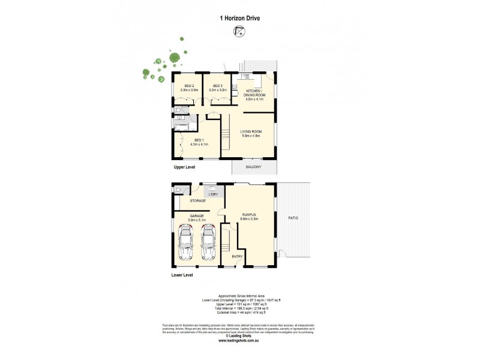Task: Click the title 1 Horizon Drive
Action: pos(239,18)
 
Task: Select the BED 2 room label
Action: pos(190,88)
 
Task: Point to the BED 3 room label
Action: pos(218,88)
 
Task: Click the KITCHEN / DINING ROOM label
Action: pos(255,94)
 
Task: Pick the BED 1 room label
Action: pos(200,142)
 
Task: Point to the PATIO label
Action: pos(293,218)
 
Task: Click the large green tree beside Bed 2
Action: pos(174,58)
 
